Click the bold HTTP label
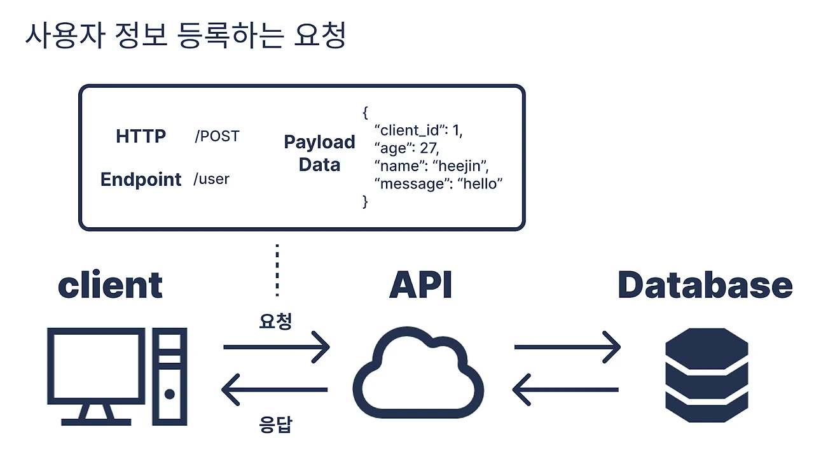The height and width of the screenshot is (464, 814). [x=141, y=136]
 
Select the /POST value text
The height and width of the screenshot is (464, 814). [x=217, y=136]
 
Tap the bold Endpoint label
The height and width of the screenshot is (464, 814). [x=141, y=179]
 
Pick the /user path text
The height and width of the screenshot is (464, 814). [x=211, y=179]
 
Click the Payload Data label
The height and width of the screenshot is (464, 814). [x=319, y=153]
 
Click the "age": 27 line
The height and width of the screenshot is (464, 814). [x=407, y=148]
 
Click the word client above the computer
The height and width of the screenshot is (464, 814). [x=110, y=285]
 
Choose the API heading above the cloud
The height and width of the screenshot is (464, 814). [x=420, y=285]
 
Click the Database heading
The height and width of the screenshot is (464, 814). [x=705, y=285]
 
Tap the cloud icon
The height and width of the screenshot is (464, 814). [x=418, y=376]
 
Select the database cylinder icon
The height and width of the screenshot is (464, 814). [x=706, y=376]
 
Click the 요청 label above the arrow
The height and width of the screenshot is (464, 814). [x=275, y=321]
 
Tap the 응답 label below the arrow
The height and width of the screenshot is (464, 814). [x=275, y=425]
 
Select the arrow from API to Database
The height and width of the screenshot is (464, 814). [x=567, y=348]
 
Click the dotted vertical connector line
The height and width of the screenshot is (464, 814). [x=277, y=270]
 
